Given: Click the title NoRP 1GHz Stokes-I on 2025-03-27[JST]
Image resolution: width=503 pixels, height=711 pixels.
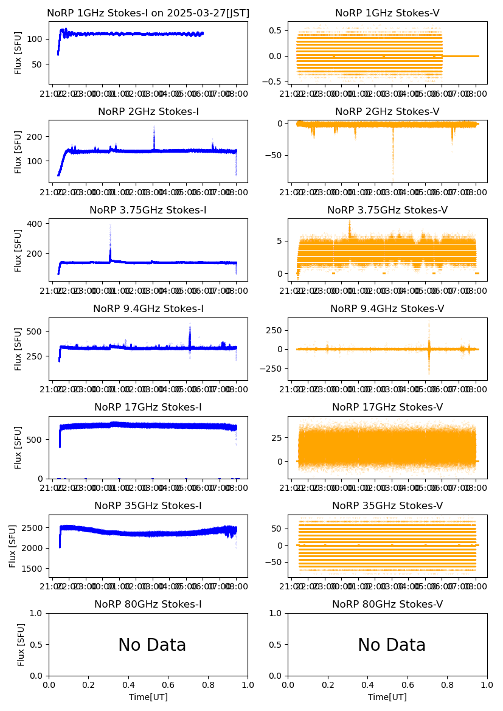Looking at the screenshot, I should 148,13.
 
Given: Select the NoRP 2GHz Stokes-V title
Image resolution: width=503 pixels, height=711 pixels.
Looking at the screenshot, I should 387,112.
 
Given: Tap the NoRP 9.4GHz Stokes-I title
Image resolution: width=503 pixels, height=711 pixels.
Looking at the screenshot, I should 148,309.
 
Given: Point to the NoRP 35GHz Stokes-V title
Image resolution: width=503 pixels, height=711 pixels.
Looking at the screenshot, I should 387,506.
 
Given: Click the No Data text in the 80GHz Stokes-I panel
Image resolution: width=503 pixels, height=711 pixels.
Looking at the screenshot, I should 152,645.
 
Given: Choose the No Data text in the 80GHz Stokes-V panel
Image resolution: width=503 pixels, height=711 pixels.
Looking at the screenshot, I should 392,645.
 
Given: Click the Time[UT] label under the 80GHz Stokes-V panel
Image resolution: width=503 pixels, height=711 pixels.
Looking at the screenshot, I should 387,697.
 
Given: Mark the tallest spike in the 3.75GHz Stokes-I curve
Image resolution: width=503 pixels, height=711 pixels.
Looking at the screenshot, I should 110,226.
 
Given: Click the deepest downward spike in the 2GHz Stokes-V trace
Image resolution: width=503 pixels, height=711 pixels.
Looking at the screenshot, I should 393,173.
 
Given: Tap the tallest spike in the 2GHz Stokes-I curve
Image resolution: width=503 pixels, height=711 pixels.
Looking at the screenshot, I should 154,128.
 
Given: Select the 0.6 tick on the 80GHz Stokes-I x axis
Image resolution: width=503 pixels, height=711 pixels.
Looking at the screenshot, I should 168,685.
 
